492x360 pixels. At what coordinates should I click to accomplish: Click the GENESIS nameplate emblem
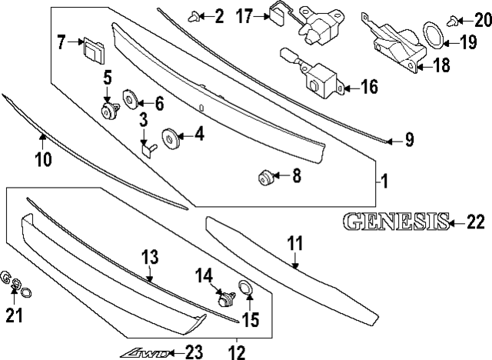(395, 222)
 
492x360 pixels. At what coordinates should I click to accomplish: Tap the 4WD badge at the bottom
(144, 352)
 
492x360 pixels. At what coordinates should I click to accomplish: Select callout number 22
(476, 223)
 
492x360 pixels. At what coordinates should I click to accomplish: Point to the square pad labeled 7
(92, 49)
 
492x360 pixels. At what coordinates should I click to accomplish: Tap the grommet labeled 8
(265, 179)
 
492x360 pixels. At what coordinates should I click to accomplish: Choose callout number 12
(236, 353)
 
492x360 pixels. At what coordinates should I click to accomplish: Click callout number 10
(42, 159)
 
